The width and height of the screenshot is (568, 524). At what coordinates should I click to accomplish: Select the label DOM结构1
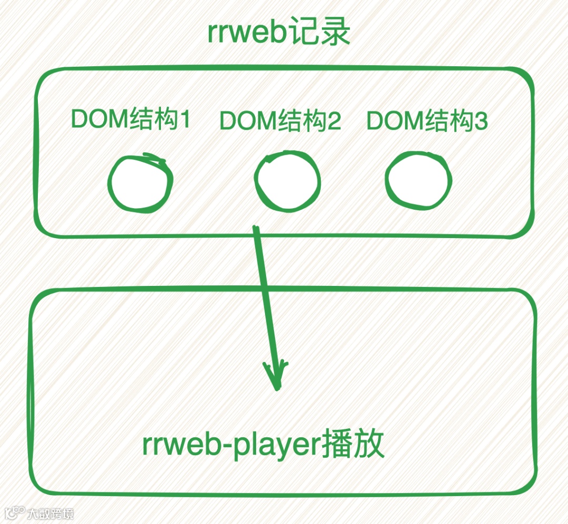click(130, 120)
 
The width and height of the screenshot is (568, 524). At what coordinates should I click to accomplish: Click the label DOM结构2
click(280, 121)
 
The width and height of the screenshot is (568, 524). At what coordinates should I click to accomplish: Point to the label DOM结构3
click(427, 121)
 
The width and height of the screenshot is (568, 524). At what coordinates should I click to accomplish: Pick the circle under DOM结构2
click(287, 181)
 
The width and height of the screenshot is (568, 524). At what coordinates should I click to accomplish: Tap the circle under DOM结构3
click(418, 180)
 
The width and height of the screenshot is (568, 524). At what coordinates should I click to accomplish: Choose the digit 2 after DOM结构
click(334, 121)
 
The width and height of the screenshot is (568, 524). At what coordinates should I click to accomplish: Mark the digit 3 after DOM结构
click(481, 121)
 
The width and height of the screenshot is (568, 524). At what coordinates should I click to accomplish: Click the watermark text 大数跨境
click(50, 513)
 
